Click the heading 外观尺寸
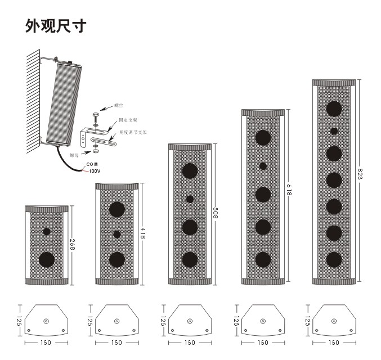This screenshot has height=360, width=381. tap(55, 26)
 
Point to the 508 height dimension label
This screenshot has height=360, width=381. tap(215, 214)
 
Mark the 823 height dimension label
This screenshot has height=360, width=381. tap(360, 172)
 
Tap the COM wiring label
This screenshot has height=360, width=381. tap(92, 164)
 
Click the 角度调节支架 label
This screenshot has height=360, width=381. tap(133, 133)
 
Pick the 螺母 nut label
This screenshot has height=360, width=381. tap(74, 154)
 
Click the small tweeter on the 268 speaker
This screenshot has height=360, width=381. tap(47, 231)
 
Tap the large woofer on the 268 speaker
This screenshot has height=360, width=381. tap(47, 259)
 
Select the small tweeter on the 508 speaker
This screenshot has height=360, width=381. tap(190, 199)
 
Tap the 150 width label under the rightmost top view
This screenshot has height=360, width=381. tap(334, 342)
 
